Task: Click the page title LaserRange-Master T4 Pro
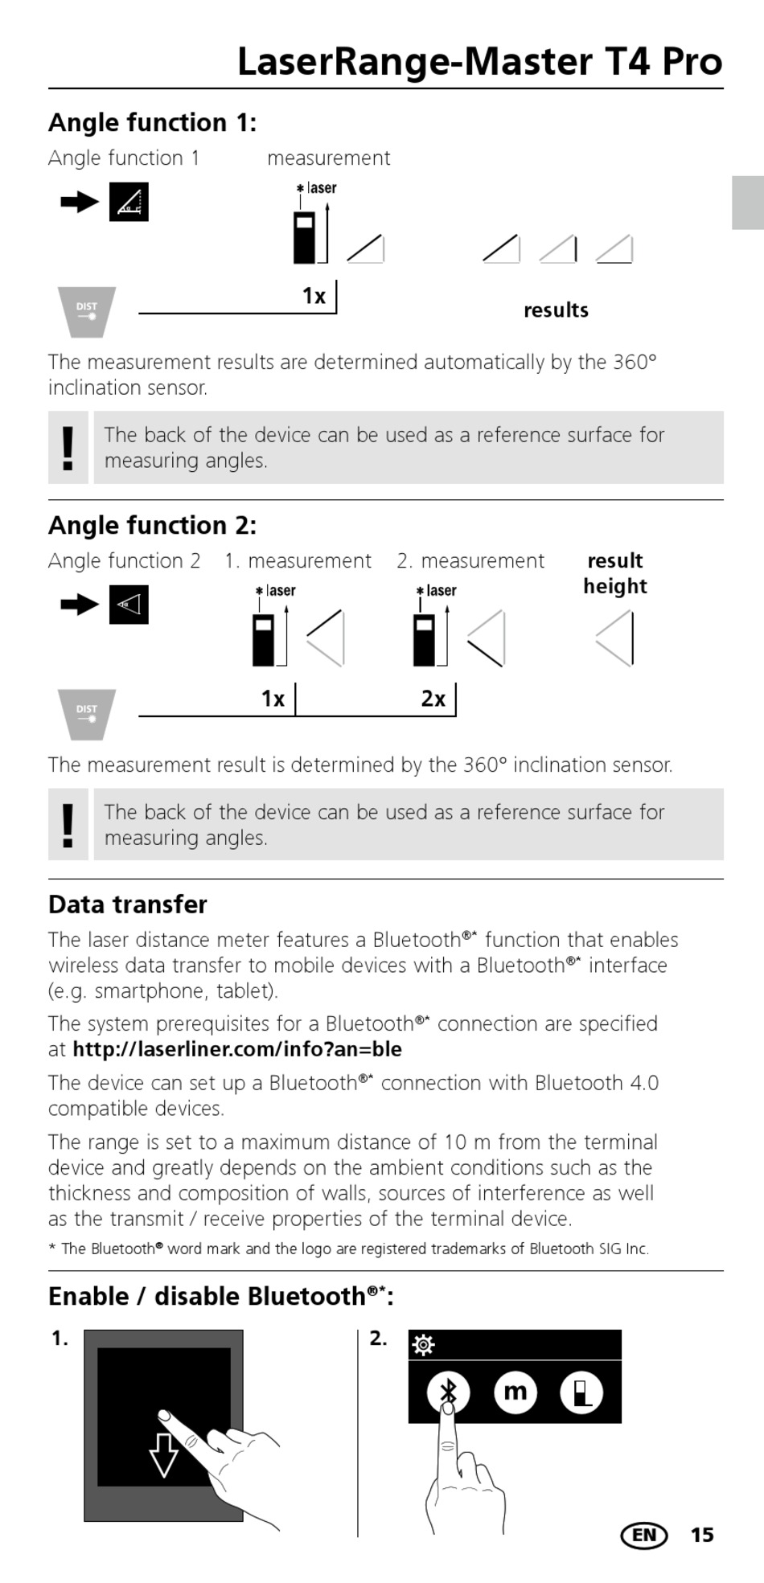479,62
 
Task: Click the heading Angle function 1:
152,122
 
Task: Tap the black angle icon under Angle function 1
129,203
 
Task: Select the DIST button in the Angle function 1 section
87,310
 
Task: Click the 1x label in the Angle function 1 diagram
314,296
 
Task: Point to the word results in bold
556,310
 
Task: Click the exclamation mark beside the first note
68,447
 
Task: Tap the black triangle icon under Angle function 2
129,605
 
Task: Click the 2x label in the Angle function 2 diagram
433,699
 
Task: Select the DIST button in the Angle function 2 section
87,713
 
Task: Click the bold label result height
615,573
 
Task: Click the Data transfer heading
128,904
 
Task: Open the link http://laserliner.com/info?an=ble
237,1049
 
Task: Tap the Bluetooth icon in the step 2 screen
449,1392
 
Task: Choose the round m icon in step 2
515,1392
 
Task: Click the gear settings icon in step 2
423,1345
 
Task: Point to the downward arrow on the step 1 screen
164,1454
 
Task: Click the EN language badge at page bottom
644,1535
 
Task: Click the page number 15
702,1535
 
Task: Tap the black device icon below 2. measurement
424,640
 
